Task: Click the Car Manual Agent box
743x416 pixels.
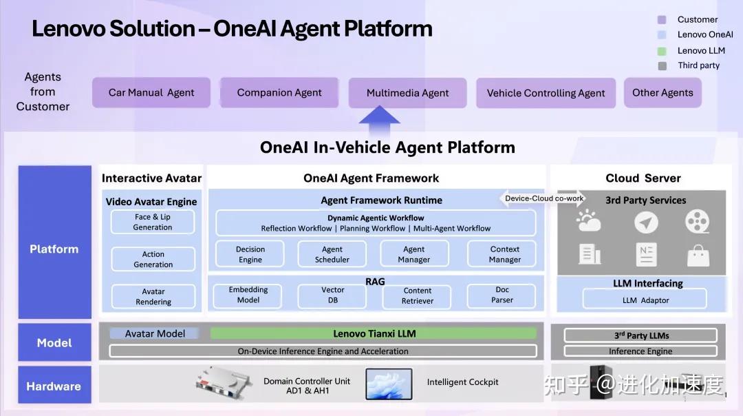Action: (151, 93)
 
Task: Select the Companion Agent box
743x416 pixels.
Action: (279, 92)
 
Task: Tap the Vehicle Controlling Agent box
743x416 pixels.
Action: (546, 93)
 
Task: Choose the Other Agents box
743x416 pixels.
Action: (663, 92)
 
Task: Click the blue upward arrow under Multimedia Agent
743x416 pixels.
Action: (379, 123)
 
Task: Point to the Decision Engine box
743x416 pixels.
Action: (250, 254)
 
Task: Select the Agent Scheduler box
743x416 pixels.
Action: (332, 254)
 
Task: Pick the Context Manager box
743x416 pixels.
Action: (505, 254)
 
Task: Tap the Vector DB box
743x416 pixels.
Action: (332, 295)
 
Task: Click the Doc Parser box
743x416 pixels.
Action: (502, 295)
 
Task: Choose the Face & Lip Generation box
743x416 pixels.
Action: (153, 222)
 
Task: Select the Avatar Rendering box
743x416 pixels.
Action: (153, 297)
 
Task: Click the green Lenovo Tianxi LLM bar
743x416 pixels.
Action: (374, 333)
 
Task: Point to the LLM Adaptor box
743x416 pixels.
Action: (645, 300)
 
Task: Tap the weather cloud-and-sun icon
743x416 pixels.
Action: (590, 222)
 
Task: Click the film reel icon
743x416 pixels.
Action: (697, 222)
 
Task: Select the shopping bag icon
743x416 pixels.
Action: (698, 256)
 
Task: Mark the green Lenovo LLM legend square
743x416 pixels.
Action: (662, 50)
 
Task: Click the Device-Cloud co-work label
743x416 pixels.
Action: (544, 198)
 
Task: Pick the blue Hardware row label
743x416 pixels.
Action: (54, 386)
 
